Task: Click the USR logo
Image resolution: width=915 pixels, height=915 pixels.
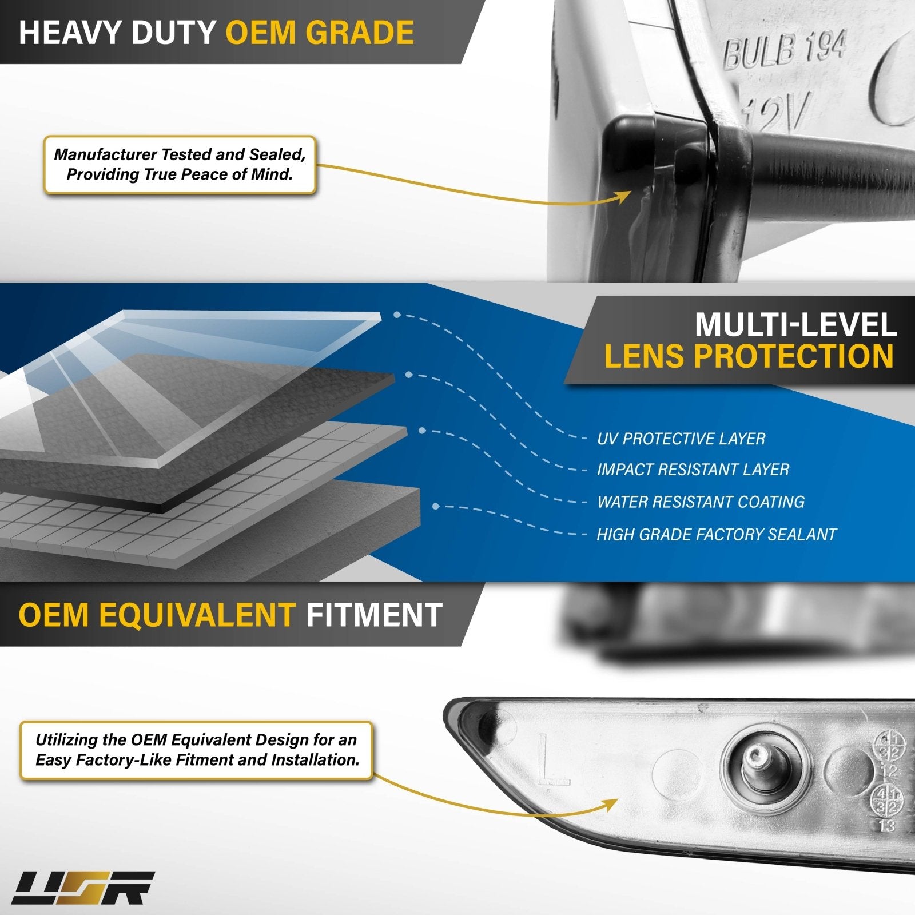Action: pos(83,888)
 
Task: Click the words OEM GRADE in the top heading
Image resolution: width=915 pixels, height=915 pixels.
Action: pos(320,32)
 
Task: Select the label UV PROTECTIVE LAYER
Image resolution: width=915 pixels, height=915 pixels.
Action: pos(681,439)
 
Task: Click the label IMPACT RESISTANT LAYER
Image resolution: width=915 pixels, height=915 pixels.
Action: pos(693,470)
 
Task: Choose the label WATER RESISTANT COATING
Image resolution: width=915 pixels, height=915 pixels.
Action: pos(701,502)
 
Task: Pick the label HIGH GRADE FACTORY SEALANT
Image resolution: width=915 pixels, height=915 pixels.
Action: pos(716,534)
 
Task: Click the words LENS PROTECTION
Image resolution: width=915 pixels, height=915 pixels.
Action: pos(749,356)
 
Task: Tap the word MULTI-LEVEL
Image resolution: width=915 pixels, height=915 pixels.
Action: pos(795,325)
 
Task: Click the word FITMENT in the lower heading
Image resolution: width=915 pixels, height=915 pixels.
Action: pos(374,615)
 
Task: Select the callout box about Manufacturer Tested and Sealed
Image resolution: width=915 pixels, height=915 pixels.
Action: pos(180,165)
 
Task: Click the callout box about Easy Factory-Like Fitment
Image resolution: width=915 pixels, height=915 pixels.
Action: pos(197,750)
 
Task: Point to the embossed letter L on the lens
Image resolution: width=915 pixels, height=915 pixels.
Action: pos(552,761)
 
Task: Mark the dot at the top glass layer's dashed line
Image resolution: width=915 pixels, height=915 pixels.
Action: pos(397,315)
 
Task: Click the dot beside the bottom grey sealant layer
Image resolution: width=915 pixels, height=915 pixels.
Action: pos(436,506)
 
